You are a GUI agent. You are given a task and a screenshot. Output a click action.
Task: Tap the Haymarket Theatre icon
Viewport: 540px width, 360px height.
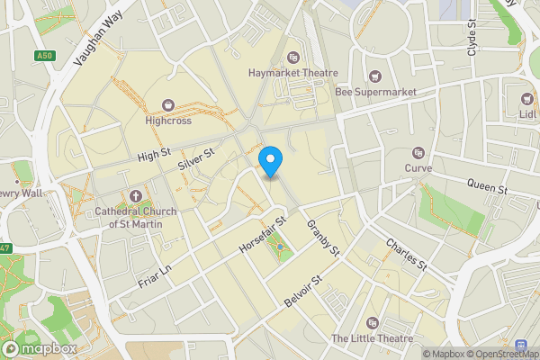pyautogui.click(x=292, y=58)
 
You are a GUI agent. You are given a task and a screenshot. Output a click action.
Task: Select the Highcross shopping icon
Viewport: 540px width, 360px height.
pyautogui.click(x=167, y=105)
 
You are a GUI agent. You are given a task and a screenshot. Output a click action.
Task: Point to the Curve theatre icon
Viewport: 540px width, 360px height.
pyautogui.click(x=418, y=153)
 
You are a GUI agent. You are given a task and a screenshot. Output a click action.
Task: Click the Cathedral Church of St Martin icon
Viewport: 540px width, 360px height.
pyautogui.click(x=136, y=196)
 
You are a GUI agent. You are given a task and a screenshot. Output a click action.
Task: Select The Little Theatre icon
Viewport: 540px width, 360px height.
pyautogui.click(x=372, y=323)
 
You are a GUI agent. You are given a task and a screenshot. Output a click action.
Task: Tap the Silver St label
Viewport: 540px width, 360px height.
pyautogui.click(x=194, y=160)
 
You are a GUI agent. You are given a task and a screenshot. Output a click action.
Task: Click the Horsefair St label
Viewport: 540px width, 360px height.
pyautogui.click(x=262, y=233)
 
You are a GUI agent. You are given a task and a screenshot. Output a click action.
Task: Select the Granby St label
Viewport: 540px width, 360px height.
pyautogui.click(x=321, y=236)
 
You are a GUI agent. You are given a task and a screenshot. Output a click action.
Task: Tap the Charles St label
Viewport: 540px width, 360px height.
pyautogui.click(x=405, y=253)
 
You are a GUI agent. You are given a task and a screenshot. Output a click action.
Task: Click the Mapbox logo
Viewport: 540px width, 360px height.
pyautogui.click(x=40, y=348)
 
